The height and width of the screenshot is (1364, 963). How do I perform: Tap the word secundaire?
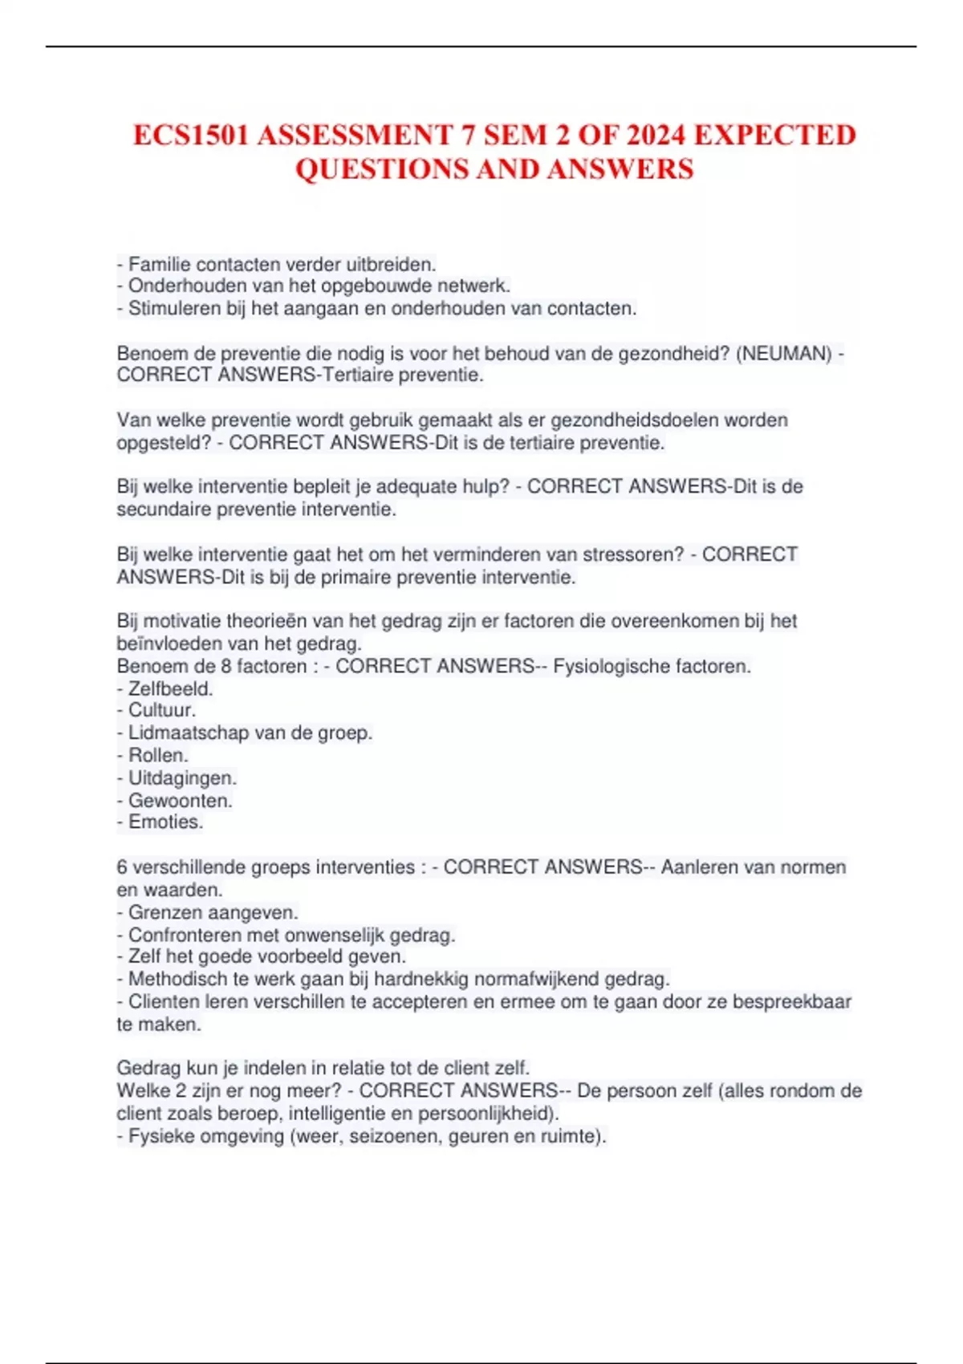[x=164, y=509]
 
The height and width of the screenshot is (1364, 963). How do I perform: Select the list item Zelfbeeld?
[x=170, y=688]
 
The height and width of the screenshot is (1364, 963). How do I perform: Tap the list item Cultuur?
[x=161, y=710]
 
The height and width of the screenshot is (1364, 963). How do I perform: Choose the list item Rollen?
[x=158, y=755]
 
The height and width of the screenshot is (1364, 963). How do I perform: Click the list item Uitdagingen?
[x=182, y=777]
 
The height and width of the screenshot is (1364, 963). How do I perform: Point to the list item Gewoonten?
[x=180, y=800]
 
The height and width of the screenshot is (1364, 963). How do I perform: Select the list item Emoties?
[x=165, y=822]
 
